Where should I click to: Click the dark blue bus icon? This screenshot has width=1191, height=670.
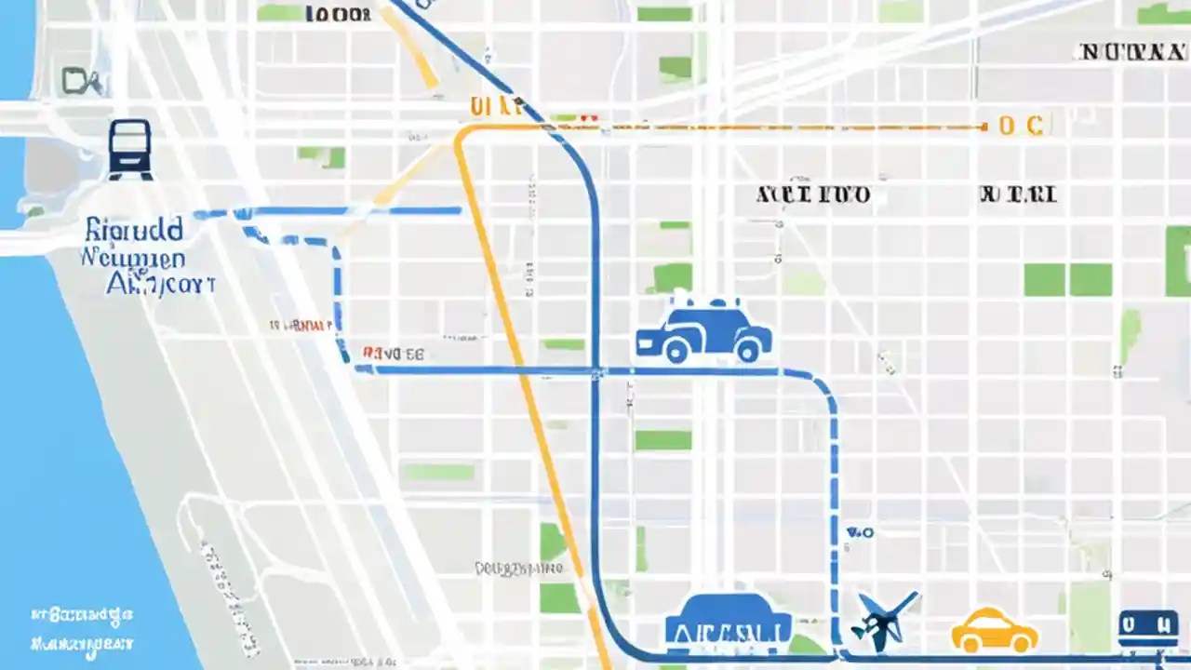pyautogui.click(x=130, y=149)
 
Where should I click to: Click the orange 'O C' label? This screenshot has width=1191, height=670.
pyautogui.click(x=1021, y=126)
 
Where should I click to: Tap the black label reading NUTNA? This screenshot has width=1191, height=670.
pyautogui.click(x=1132, y=52)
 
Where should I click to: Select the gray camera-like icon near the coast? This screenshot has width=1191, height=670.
pyautogui.click(x=82, y=82)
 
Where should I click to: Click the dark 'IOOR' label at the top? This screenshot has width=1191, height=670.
pyautogui.click(x=337, y=14)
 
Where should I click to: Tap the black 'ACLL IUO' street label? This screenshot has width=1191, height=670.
pyautogui.click(x=813, y=194)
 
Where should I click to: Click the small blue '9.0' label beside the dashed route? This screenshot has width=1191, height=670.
pyautogui.click(x=860, y=533)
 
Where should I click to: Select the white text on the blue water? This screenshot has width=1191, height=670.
pyautogui.click(x=82, y=629)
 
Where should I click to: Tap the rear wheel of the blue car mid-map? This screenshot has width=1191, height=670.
pyautogui.click(x=676, y=353)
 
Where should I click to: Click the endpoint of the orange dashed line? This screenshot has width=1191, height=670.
pyautogui.click(x=984, y=127)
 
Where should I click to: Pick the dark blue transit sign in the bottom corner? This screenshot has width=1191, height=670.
pyautogui.click(x=1146, y=629)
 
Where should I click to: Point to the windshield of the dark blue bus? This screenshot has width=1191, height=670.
pyautogui.click(x=130, y=138)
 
